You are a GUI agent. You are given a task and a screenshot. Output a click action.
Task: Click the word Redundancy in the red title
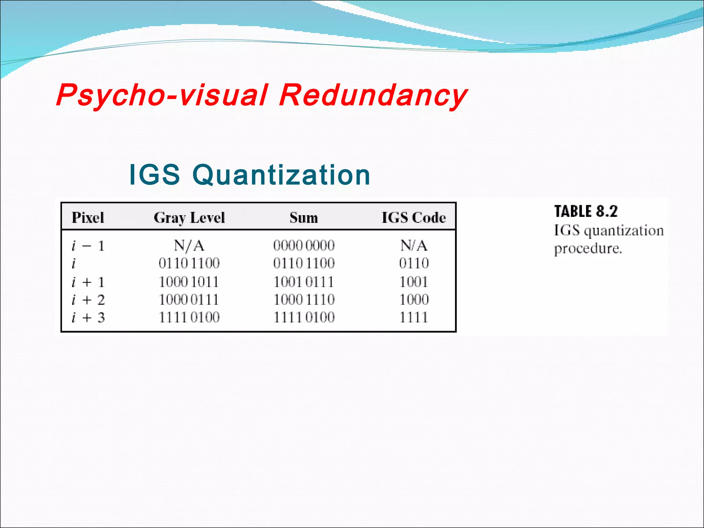click(x=373, y=95)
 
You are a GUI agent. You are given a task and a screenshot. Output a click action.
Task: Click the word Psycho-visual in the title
click(x=162, y=95)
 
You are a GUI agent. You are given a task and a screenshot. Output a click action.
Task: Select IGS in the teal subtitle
click(x=154, y=175)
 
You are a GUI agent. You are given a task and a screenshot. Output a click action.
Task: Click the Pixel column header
click(x=88, y=218)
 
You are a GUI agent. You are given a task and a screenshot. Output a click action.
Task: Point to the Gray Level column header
click(x=189, y=218)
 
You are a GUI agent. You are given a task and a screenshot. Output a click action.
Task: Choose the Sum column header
click(x=304, y=218)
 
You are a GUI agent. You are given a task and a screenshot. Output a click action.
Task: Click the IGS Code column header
click(x=414, y=218)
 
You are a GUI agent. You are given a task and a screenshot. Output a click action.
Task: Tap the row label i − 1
click(x=88, y=246)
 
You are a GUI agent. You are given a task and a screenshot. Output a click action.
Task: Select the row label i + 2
click(x=88, y=300)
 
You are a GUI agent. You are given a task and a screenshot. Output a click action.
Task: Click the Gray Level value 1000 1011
click(x=189, y=282)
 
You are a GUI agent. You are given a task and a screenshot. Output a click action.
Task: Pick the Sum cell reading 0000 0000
click(x=304, y=245)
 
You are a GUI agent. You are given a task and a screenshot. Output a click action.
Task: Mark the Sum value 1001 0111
click(x=304, y=282)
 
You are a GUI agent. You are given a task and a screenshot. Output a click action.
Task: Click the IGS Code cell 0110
click(x=414, y=263)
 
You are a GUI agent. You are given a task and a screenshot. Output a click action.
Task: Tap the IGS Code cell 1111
click(x=414, y=317)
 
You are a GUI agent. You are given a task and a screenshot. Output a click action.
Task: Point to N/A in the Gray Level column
click(x=189, y=246)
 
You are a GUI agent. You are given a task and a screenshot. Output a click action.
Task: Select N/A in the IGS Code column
click(x=414, y=246)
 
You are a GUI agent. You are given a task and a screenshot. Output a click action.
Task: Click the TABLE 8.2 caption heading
click(x=586, y=211)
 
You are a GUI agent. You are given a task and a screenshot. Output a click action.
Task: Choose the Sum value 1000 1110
click(x=304, y=299)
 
